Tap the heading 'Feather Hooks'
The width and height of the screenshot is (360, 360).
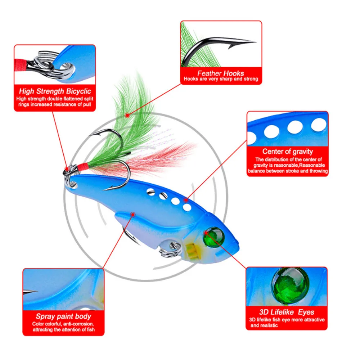tap(221, 73)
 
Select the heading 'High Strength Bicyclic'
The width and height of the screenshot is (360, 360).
tap(55, 91)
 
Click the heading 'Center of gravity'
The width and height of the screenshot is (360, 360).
tap(288, 152)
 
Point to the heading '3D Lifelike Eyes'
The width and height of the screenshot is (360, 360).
tap(287, 312)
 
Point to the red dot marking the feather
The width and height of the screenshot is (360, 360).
tap(126, 115)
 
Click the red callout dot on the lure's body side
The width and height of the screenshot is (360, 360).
tap(133, 215)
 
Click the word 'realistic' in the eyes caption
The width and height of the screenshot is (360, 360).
tap(268, 325)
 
